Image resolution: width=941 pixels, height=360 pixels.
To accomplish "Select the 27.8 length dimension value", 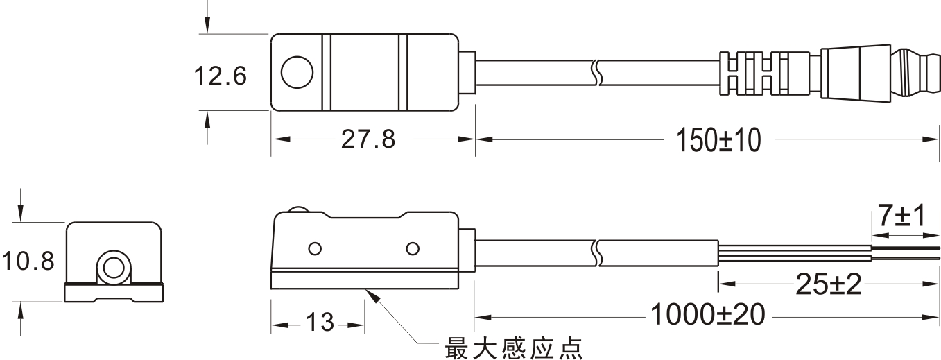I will [368, 139].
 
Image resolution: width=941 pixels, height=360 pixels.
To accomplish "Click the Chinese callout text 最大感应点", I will [512, 346].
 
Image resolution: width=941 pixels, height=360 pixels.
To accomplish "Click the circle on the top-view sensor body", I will [297, 73].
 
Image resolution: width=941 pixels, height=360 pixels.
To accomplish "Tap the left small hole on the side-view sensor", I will [314, 248].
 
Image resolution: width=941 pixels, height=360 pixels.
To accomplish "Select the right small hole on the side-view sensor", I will [413, 248].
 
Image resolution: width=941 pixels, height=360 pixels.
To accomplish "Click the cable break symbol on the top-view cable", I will [596, 73].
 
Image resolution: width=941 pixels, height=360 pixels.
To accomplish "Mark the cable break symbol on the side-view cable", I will [596, 253].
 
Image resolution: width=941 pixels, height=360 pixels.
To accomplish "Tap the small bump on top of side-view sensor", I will [298, 210].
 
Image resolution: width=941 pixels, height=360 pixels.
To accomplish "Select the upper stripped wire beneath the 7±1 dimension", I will [901, 245].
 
